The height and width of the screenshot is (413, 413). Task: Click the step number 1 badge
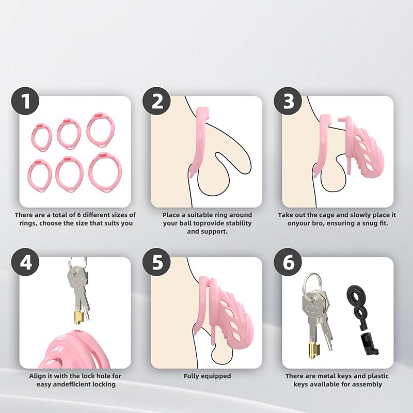pos(25,101)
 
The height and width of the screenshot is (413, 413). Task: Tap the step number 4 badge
pos(25,262)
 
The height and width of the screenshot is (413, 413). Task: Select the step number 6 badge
pos(288,262)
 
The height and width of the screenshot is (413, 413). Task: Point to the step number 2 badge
pos(156,101)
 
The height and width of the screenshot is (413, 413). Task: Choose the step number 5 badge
pos(156,262)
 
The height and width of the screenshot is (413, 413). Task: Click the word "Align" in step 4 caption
pos(38,376)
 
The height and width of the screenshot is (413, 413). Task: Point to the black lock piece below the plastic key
pos(369,344)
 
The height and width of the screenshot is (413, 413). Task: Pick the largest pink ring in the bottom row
pos(105,172)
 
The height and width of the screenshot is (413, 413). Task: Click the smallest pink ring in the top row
pos(42,137)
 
